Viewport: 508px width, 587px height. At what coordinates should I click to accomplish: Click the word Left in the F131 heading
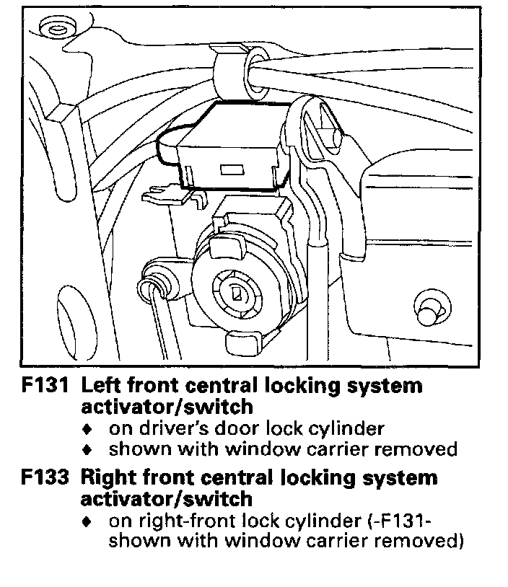pos(101,387)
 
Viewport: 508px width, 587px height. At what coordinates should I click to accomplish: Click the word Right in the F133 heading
pos(108,478)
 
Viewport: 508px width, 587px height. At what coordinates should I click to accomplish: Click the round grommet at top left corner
pos(54,30)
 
